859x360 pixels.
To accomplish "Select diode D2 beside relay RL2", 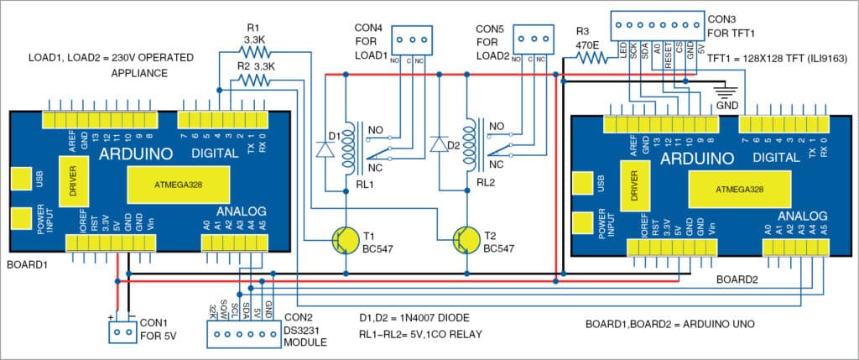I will (437, 145).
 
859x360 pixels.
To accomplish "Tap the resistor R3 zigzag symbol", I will (590, 58).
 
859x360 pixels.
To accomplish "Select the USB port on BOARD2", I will (582, 183).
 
